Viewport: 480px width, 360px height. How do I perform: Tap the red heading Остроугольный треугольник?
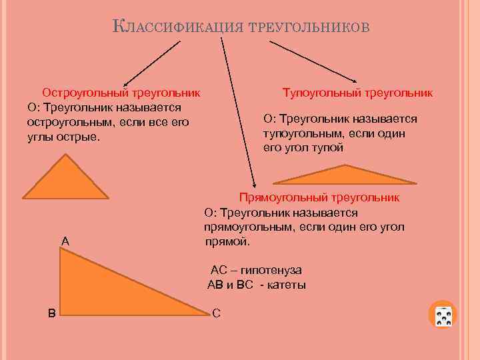pos(122,93)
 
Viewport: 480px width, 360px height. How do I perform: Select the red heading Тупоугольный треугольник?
pos(357,93)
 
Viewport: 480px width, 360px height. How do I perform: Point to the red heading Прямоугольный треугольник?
pos(319,197)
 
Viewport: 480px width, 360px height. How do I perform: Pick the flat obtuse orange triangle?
pos(345,176)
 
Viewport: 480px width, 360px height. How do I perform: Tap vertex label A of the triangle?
pos(65,240)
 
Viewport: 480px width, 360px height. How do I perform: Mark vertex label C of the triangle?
pos(216,313)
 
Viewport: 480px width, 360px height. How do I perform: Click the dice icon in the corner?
pos(443,315)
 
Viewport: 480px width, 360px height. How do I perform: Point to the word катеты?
pos(286,285)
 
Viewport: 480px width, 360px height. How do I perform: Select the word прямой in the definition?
pos(227,241)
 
